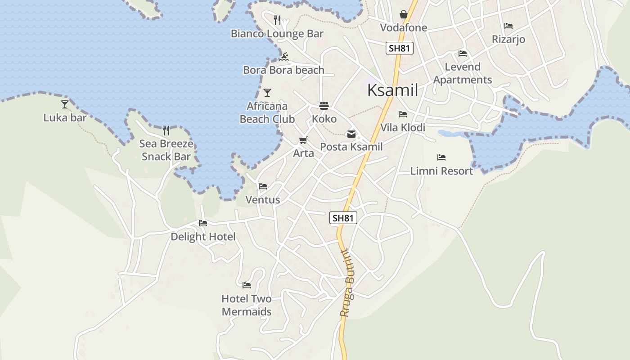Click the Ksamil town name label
click(392, 90)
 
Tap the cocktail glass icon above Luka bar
click(65, 104)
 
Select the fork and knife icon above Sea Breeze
click(166, 130)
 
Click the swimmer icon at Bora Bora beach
click(283, 57)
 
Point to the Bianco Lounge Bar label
click(277, 34)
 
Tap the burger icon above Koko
click(324, 106)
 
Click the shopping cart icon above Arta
click(303, 140)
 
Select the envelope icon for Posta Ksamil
click(351, 134)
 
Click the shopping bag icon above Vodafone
click(403, 15)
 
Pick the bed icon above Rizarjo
click(508, 26)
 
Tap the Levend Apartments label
click(463, 73)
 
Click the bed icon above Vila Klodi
click(403, 114)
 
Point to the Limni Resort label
click(441, 171)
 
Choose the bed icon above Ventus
click(263, 186)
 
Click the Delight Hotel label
click(203, 237)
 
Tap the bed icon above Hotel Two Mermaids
click(247, 285)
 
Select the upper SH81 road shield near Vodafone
click(400, 48)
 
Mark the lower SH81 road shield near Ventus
click(343, 218)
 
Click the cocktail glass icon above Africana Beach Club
click(267, 93)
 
